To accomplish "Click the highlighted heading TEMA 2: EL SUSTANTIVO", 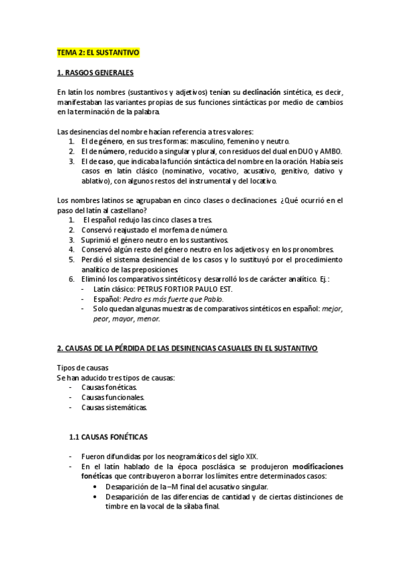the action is coord(97,51).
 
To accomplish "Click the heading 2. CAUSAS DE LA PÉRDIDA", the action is coord(187,348).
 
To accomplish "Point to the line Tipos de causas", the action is coord(82,368).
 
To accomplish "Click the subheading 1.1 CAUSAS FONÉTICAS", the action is coord(108,437).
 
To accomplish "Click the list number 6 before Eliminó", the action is coord(72,280).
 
